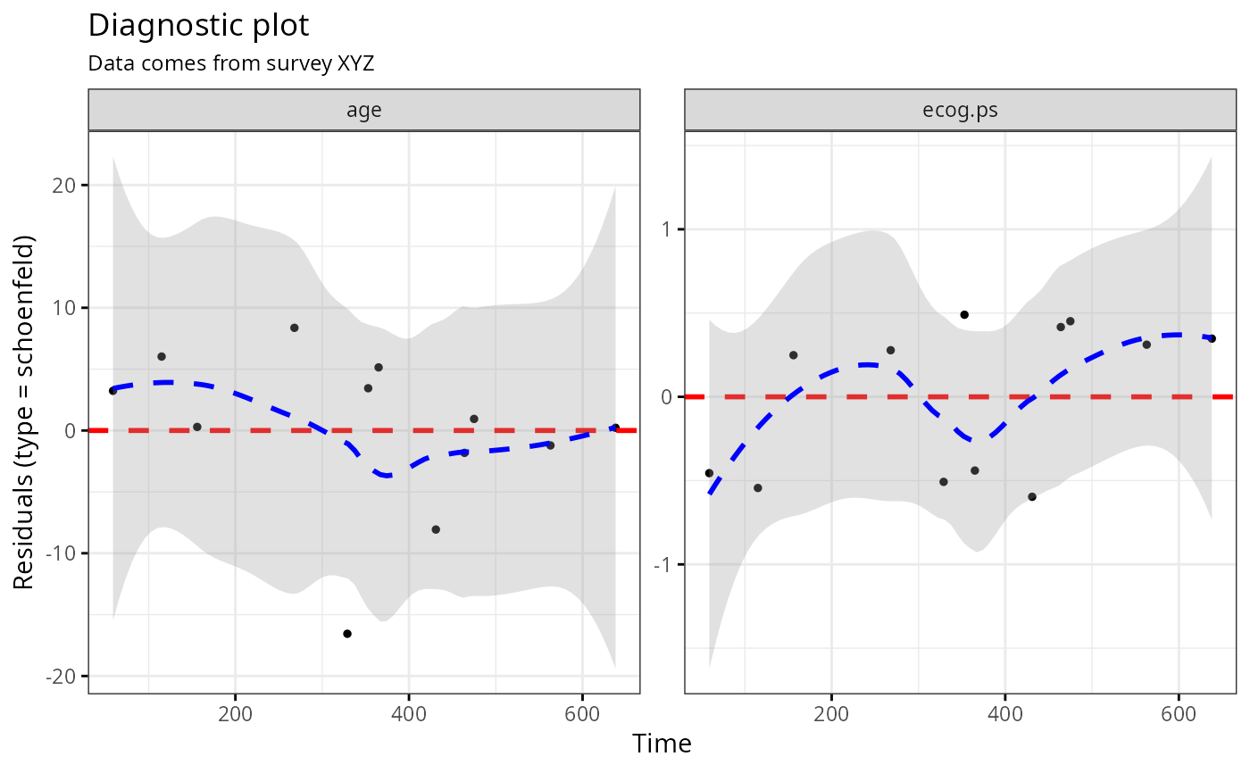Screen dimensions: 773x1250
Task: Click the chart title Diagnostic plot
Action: pos(198,26)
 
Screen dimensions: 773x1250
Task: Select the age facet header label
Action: pos(364,111)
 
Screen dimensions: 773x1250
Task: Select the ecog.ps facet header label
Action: pos(961,111)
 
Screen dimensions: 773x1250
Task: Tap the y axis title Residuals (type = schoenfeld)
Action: pos(24,412)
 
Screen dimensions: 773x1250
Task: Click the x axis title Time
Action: pos(662,744)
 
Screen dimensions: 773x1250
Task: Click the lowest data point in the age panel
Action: pos(347,634)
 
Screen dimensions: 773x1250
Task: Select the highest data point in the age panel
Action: pos(294,328)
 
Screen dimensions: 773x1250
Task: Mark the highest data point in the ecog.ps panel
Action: pos(964,314)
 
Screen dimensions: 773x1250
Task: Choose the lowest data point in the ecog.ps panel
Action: pos(1032,496)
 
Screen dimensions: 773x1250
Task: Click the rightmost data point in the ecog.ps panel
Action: pos(1212,338)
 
